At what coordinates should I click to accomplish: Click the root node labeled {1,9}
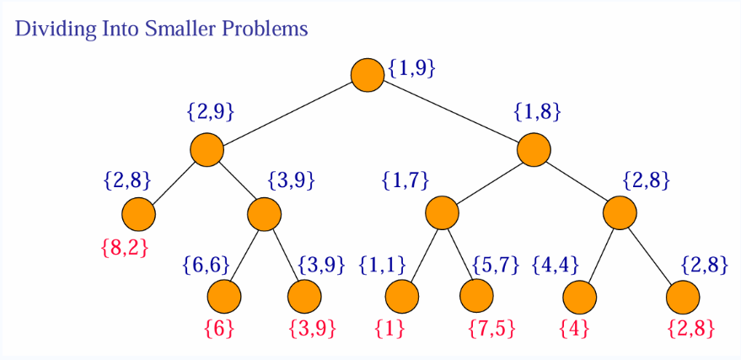[368, 75]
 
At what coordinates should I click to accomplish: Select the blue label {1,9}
[411, 68]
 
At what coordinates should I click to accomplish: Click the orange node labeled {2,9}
[207, 150]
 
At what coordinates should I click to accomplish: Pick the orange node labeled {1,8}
[534, 150]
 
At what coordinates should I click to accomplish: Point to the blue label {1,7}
[405, 180]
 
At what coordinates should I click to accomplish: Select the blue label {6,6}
[206, 265]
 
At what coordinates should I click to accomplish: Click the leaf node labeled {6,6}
[224, 296]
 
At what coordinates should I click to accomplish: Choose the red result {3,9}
[312, 328]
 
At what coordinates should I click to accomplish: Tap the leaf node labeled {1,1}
[401, 296]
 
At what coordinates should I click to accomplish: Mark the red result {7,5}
[491, 328]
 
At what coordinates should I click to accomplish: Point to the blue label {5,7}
[494, 265]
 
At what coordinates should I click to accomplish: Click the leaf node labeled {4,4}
[579, 296]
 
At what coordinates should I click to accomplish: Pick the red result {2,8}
[690, 328]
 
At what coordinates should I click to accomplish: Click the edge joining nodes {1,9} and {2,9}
[287, 113]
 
